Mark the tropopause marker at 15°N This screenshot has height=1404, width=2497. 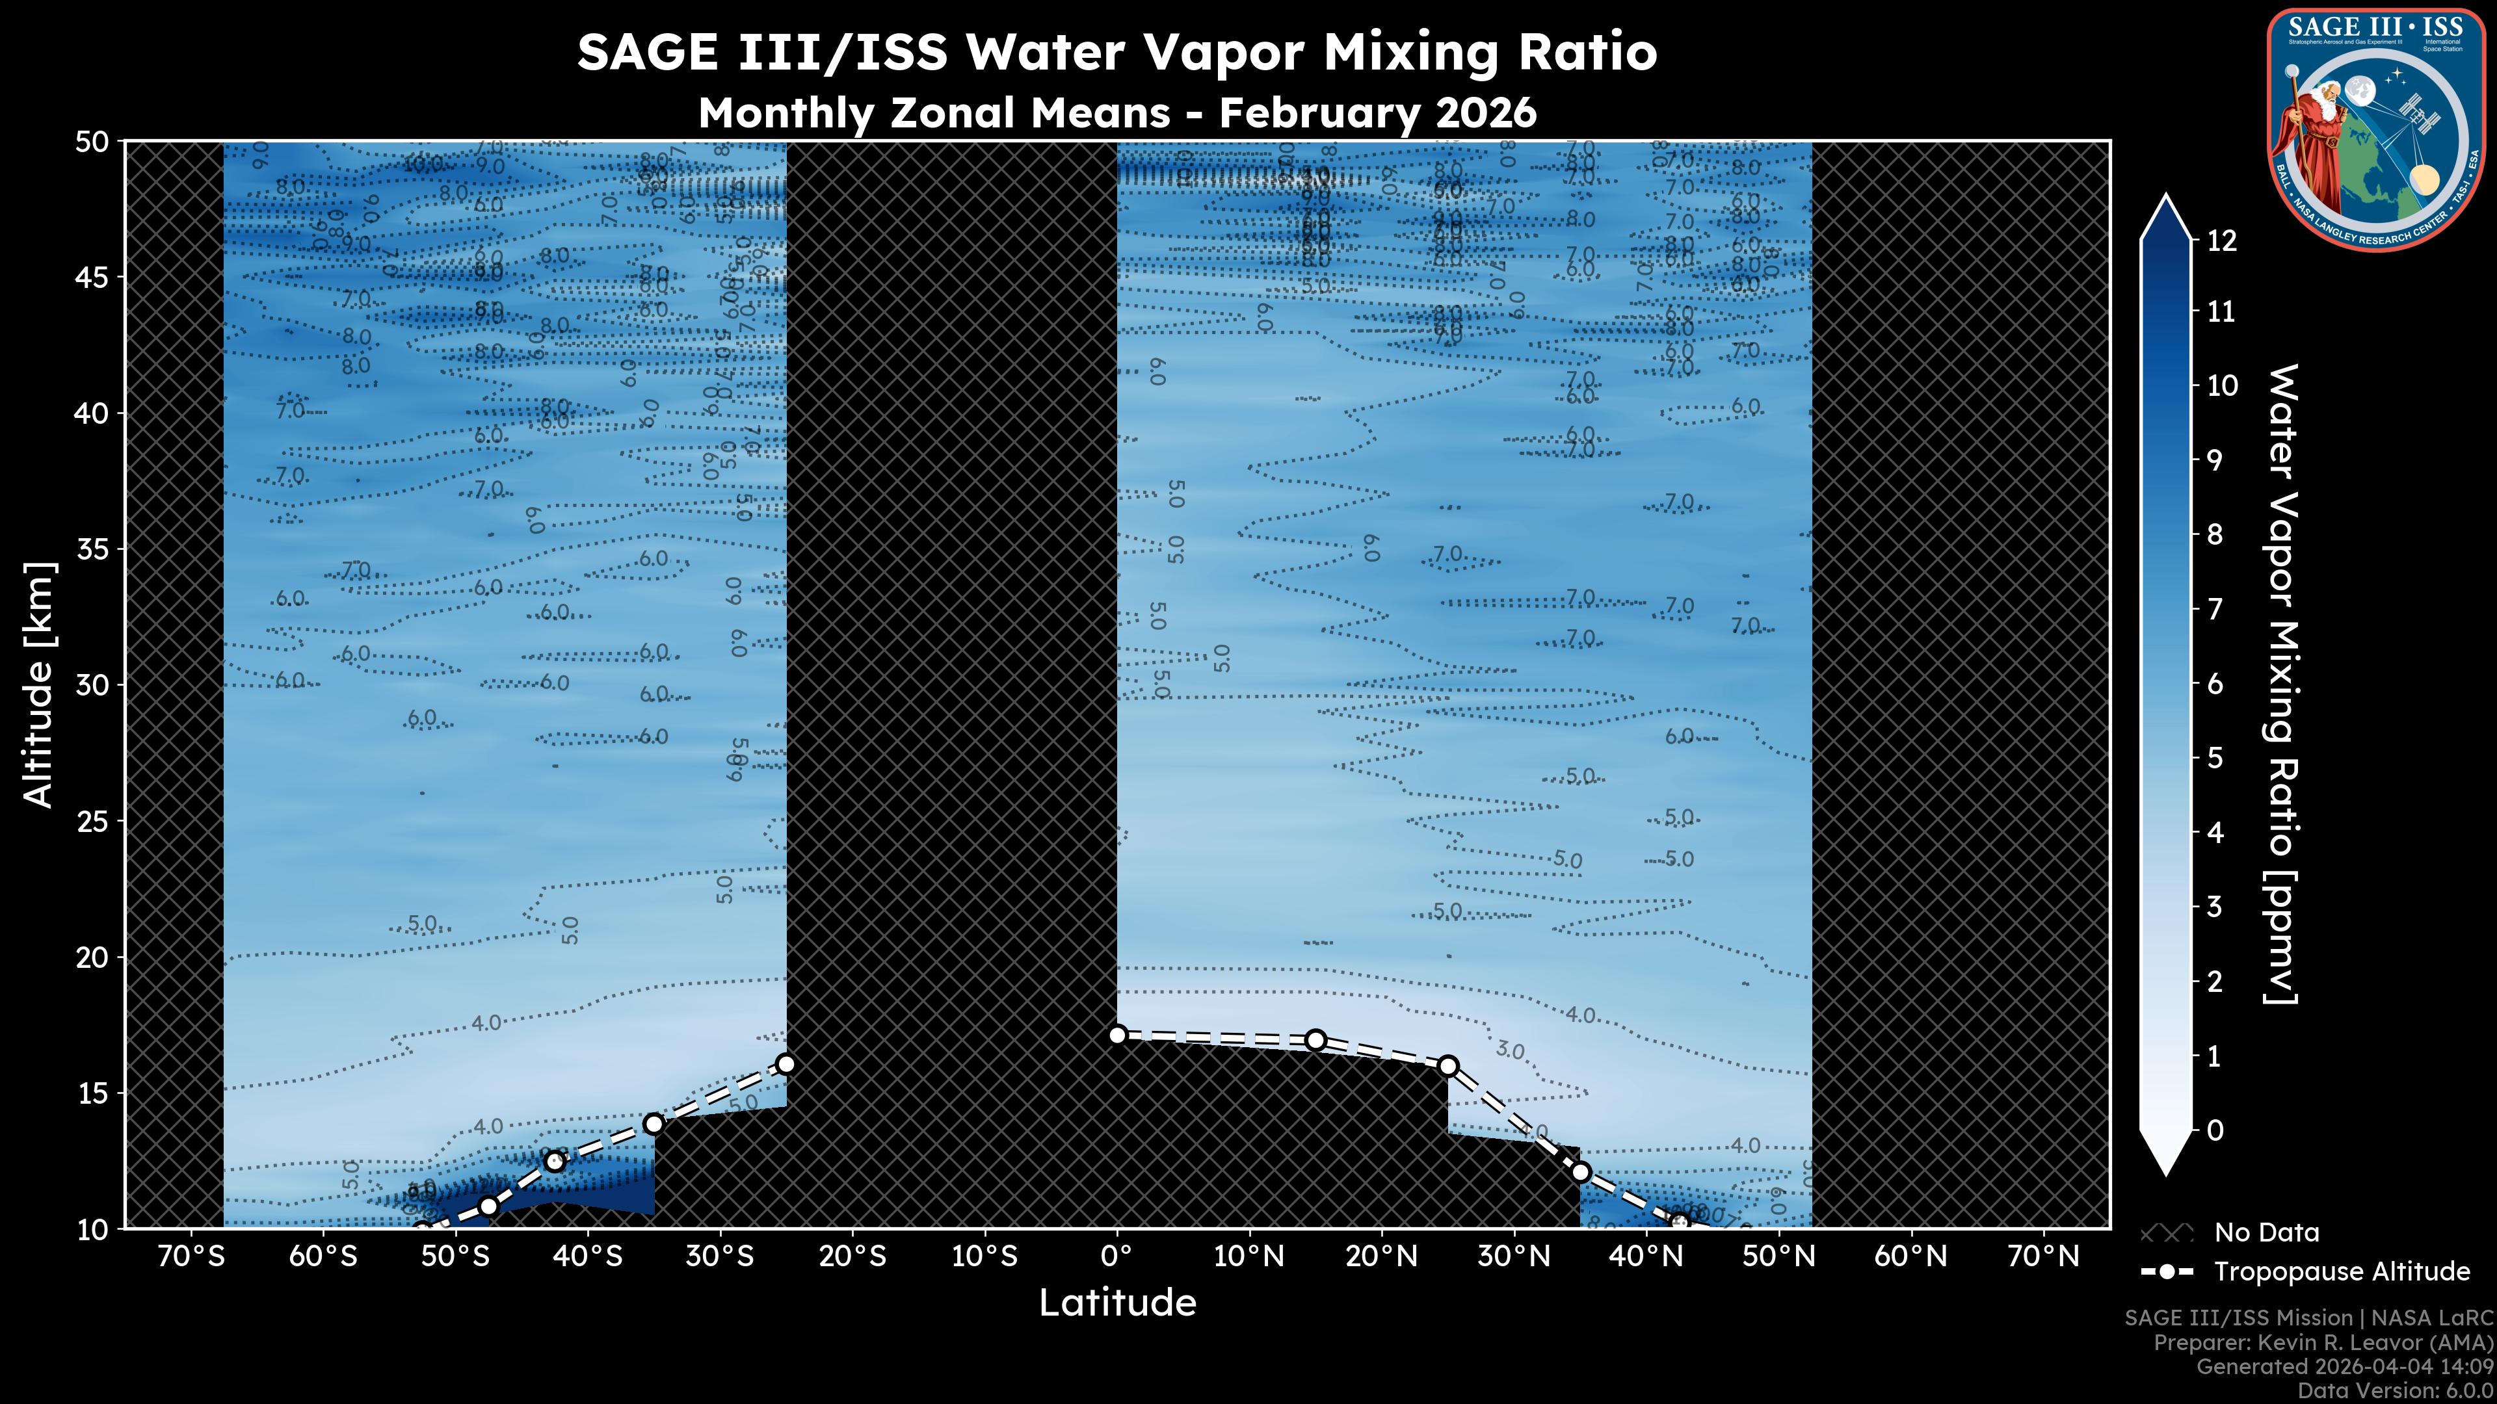(1315, 1040)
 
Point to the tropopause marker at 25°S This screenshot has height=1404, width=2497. (786, 1064)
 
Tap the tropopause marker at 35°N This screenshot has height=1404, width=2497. (1580, 1173)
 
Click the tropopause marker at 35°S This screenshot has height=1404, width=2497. (654, 1124)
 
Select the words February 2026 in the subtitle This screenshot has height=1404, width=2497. (1377, 113)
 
